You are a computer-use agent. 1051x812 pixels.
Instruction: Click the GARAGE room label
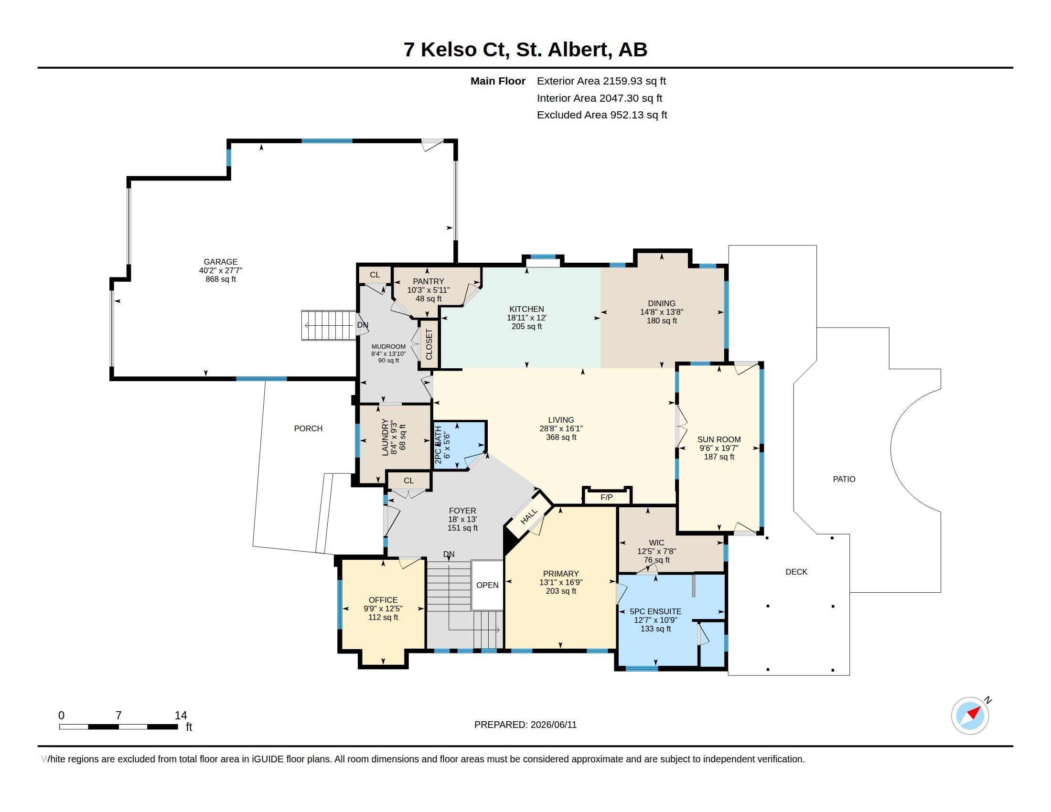pos(220,262)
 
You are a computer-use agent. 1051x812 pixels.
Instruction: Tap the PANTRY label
pos(429,281)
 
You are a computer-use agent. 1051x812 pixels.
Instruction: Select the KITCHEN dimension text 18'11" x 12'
pos(526,318)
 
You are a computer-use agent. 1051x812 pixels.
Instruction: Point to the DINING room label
pos(662,303)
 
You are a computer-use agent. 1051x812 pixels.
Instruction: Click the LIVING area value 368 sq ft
pos(561,437)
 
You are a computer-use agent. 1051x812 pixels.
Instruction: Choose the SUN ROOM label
pos(719,439)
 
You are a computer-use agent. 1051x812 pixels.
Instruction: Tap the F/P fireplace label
pos(607,497)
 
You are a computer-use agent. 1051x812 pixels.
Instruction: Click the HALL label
pos(529,517)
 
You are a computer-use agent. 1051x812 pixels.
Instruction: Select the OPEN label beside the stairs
pos(487,585)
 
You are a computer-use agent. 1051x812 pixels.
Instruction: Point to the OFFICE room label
pos(383,600)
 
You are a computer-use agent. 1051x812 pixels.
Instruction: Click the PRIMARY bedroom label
pos(561,573)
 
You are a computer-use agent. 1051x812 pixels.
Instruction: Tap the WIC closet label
pos(656,543)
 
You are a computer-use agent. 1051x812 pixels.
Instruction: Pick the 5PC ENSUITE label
pos(655,611)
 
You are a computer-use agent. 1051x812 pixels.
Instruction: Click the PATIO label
pos(844,479)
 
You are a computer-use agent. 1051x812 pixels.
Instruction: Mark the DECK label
pos(796,571)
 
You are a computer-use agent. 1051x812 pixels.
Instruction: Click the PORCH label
pos(309,428)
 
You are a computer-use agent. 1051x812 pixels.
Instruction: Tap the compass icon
pos(970,716)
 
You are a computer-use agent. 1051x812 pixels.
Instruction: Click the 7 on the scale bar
pos(119,716)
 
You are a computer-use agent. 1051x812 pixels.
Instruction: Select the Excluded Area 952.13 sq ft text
pos(602,115)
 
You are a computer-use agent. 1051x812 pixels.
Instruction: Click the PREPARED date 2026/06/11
pos(553,725)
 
